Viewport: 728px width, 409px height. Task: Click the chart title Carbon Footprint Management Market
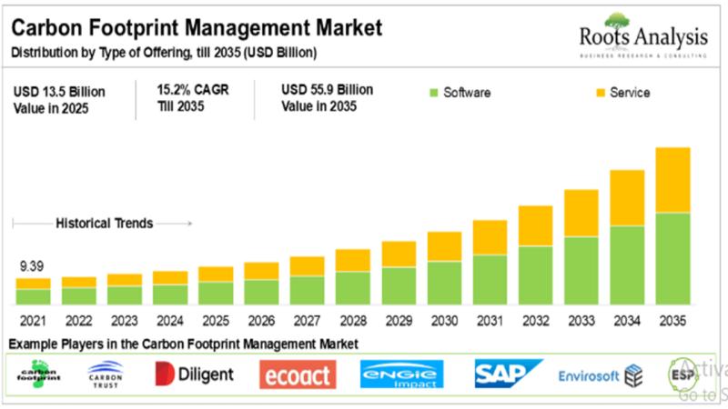tap(196, 29)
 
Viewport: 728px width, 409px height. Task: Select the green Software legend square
tap(433, 93)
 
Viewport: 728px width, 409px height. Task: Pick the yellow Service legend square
tap(600, 93)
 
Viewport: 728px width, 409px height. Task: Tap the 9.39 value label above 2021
tap(33, 267)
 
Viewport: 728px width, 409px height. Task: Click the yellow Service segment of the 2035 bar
tap(672, 180)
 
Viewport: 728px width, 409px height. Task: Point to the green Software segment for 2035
tap(672, 258)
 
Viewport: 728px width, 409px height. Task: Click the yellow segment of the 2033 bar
tap(581, 213)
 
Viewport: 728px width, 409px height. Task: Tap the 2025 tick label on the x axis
tap(215, 321)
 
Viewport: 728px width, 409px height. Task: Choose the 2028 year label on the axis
tap(352, 321)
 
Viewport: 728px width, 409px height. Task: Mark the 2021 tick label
tap(33, 321)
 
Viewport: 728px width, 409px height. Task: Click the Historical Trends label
tap(105, 223)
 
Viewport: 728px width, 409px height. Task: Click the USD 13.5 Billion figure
tap(59, 92)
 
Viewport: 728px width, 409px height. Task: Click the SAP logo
tap(507, 374)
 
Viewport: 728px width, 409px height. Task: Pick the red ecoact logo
tap(298, 374)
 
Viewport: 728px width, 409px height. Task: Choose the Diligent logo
tap(194, 374)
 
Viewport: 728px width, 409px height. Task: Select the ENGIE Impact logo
tap(401, 374)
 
